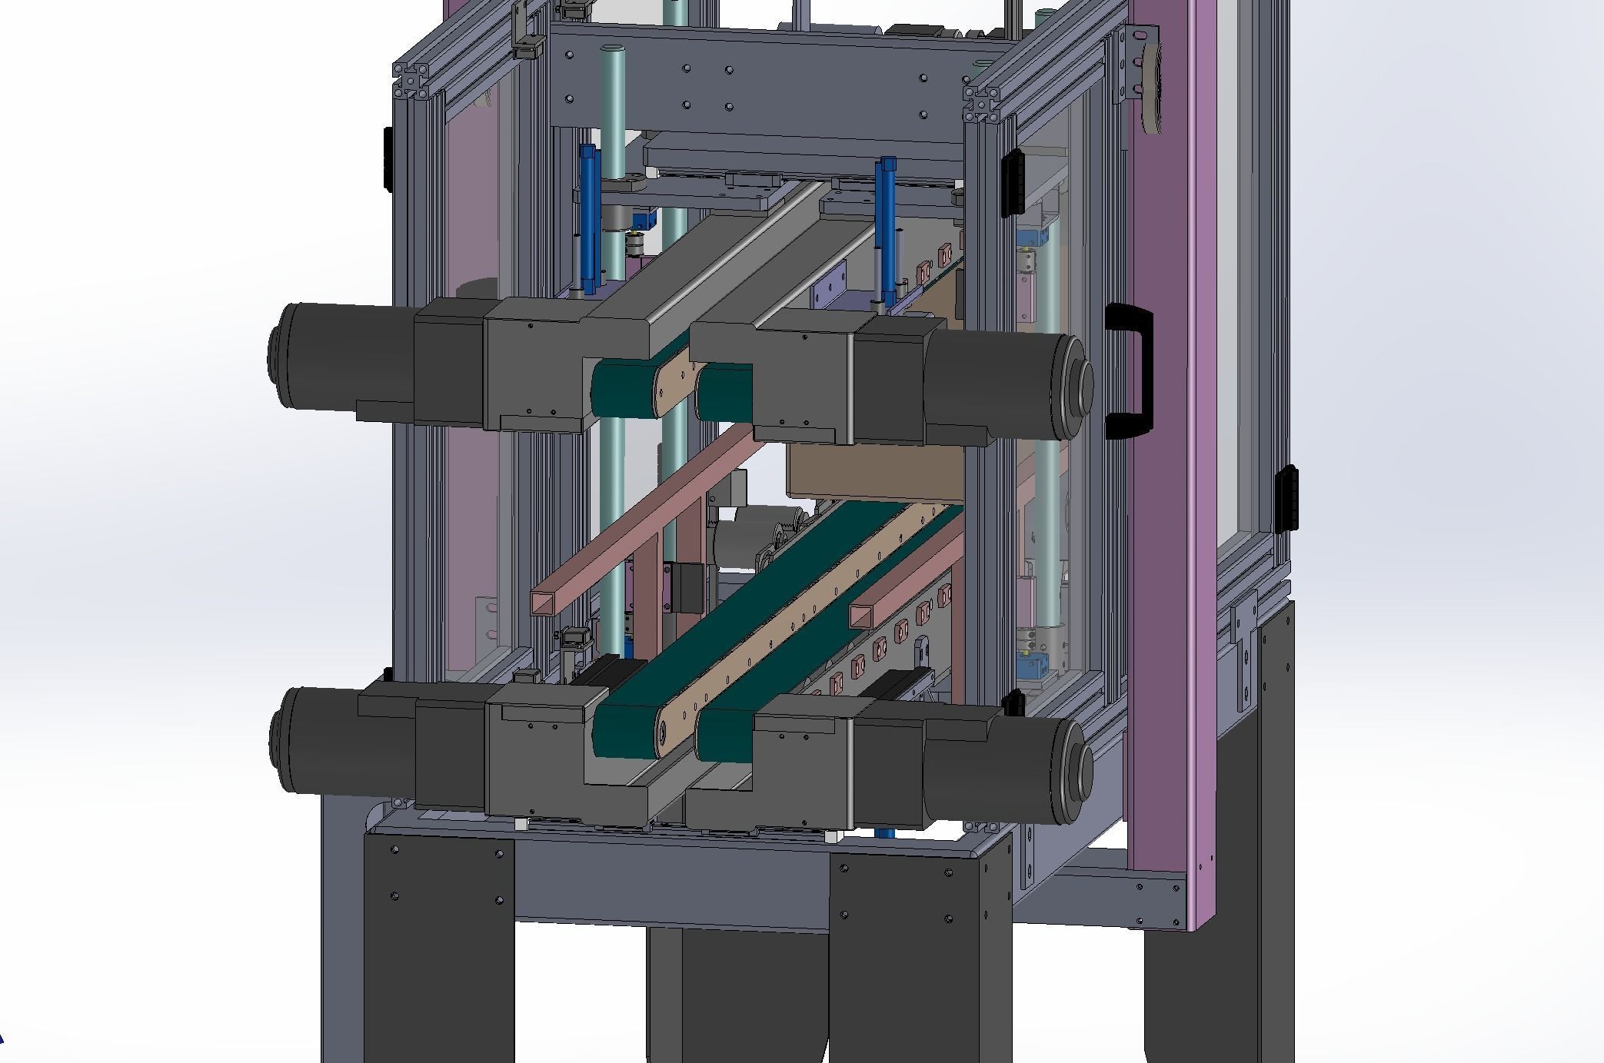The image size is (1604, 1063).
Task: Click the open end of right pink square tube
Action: click(863, 615)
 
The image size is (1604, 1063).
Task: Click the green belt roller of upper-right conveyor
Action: click(723, 393)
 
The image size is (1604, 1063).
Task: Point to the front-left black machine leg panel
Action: click(438, 945)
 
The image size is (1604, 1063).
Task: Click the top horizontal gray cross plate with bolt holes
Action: click(769, 85)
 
